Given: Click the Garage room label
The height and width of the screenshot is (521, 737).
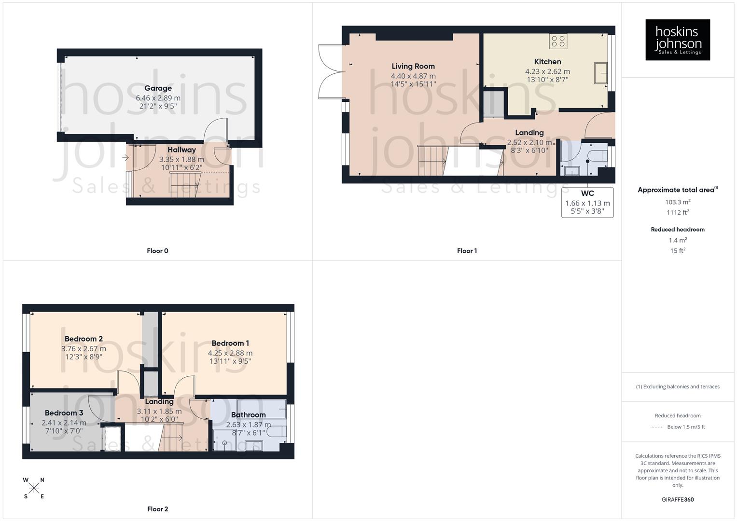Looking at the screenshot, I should (x=158, y=88).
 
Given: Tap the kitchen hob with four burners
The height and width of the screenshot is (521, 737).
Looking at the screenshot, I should (x=558, y=41).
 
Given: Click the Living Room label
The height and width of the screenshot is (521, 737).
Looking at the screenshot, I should (x=413, y=67).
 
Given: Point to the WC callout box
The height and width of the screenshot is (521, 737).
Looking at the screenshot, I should (x=587, y=203).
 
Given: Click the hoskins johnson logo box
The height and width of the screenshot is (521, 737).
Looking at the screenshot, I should (x=678, y=40).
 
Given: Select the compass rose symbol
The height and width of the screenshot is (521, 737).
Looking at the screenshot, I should (x=34, y=488).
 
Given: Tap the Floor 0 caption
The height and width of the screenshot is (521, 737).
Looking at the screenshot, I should (x=157, y=251).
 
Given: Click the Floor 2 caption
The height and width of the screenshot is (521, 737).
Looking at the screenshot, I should (x=157, y=509).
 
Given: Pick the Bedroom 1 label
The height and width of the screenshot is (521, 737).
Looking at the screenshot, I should (x=230, y=343).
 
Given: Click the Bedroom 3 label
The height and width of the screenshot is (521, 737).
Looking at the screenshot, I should (x=64, y=413).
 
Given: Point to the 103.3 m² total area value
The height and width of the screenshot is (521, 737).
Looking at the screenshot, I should (x=678, y=202).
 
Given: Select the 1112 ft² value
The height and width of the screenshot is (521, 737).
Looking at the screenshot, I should (x=678, y=213).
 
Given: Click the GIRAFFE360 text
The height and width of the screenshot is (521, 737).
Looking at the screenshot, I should (x=678, y=500).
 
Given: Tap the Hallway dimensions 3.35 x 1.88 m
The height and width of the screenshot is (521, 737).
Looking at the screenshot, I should (x=181, y=159).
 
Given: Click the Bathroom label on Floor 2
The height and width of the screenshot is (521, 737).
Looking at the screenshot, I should (x=248, y=415).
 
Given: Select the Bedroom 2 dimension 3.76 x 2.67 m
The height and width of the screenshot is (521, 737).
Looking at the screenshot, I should (x=83, y=349).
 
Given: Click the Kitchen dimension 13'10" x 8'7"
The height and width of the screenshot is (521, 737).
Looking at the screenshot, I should (x=547, y=80).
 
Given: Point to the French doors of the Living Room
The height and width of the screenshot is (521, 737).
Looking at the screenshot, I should (x=330, y=72).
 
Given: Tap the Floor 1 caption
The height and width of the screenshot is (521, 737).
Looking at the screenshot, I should (x=467, y=251).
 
